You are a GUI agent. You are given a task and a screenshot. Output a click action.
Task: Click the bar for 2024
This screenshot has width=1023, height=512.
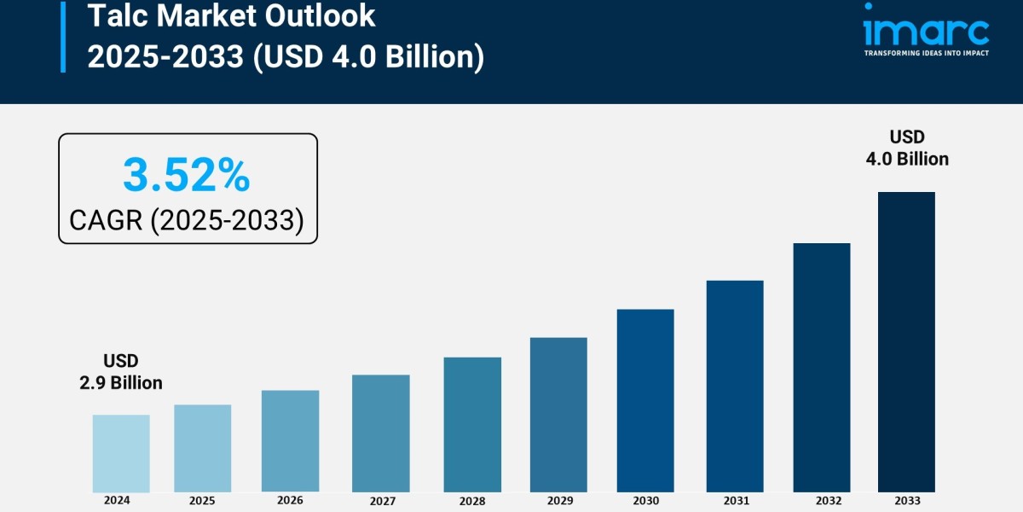(121, 453)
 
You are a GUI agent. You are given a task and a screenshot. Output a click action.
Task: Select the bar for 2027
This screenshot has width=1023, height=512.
(381, 433)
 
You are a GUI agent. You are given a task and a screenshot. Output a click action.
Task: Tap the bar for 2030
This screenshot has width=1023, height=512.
(645, 400)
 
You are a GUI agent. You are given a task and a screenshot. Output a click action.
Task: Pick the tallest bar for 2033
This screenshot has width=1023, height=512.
(906, 341)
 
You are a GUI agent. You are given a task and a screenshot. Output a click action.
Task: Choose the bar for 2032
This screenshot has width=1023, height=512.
(822, 367)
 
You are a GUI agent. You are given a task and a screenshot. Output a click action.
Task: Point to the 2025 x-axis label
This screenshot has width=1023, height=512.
(202, 500)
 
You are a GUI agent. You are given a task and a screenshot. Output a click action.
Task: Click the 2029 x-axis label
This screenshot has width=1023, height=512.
(558, 500)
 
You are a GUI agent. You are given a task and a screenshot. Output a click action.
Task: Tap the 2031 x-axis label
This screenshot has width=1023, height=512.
(735, 500)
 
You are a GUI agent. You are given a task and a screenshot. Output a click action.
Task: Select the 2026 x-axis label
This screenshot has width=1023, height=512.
(290, 500)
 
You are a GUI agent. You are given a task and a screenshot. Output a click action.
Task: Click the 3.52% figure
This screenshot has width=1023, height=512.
(187, 176)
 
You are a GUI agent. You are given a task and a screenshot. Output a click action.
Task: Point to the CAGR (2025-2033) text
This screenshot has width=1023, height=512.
(187, 220)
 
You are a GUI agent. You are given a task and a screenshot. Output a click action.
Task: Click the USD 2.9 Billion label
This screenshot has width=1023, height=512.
(121, 372)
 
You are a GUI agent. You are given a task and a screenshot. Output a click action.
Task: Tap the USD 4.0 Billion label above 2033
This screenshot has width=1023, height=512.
(907, 148)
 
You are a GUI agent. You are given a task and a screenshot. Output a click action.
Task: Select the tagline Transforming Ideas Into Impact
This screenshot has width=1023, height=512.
(926, 53)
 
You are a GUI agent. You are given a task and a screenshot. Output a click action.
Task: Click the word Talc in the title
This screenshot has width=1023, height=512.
(115, 15)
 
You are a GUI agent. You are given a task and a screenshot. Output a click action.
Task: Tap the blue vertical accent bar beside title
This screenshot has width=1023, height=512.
(63, 36)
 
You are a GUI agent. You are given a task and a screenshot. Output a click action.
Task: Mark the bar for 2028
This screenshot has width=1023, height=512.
(472, 424)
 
